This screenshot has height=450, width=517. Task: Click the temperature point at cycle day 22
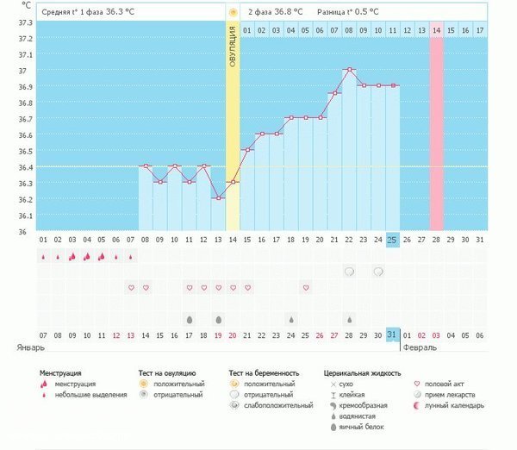(349, 69)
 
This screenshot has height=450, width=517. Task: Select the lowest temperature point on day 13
(218, 198)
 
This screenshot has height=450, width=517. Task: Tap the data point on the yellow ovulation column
(233, 182)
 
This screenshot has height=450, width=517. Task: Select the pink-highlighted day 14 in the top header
(437, 30)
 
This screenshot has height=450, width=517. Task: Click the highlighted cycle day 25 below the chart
(392, 239)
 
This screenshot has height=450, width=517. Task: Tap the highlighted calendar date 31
(392, 334)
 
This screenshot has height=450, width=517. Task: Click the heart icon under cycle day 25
(305, 287)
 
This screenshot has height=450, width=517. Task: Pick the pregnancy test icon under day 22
(349, 272)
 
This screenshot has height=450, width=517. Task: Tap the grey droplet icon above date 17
(189, 319)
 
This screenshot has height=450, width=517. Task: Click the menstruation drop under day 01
(44, 256)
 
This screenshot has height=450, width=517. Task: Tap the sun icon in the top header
(233, 12)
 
